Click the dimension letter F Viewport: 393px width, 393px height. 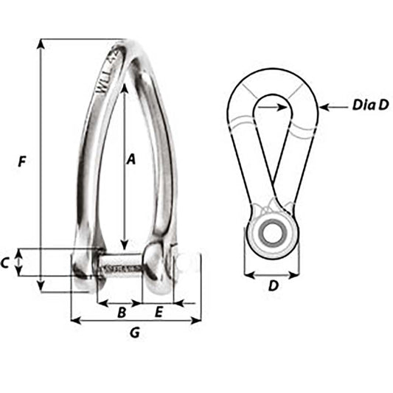click(x=24, y=160)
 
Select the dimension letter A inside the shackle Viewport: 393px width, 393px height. click(x=131, y=158)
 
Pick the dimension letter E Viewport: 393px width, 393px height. click(x=157, y=313)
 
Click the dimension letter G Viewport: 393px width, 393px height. click(x=135, y=333)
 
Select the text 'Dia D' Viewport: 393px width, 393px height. click(x=369, y=106)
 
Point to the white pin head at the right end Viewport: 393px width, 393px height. click(x=189, y=263)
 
